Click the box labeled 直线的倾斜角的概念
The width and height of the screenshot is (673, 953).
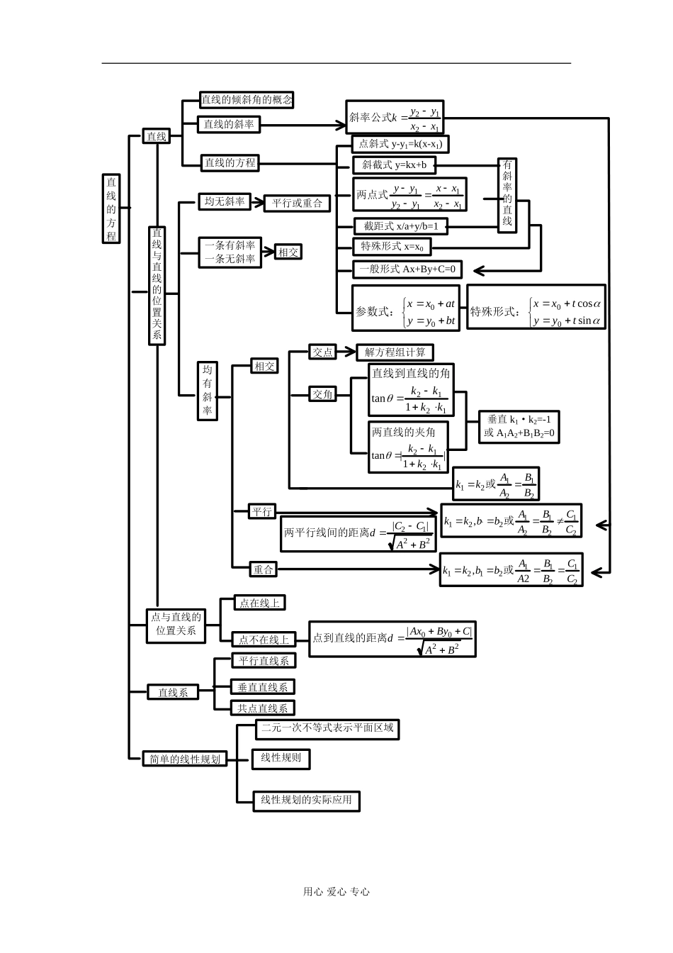click(x=246, y=100)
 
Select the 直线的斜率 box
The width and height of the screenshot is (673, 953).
click(x=228, y=125)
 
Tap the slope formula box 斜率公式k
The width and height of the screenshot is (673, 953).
click(x=395, y=117)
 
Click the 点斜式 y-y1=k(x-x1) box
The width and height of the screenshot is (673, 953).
click(x=400, y=144)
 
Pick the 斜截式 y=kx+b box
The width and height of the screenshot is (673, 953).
click(x=394, y=165)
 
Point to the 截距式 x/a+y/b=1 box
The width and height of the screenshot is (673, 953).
click(x=401, y=226)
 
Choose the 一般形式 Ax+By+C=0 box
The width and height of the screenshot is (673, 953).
click(x=407, y=269)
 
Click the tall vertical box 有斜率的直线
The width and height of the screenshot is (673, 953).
click(x=507, y=195)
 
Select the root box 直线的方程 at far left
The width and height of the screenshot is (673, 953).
click(x=111, y=208)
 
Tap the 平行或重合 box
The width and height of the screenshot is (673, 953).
click(x=297, y=204)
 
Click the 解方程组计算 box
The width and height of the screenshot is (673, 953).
click(x=395, y=352)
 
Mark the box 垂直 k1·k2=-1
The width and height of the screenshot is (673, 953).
click(x=519, y=426)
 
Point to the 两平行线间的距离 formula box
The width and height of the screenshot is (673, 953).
click(x=358, y=533)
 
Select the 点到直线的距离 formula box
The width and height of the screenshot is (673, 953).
click(x=392, y=638)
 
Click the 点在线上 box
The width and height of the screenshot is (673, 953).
click(x=259, y=603)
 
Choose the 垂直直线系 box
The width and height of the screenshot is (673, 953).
click(x=263, y=686)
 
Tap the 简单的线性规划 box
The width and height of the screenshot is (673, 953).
click(x=184, y=759)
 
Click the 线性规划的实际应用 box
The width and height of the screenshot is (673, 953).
click(x=307, y=800)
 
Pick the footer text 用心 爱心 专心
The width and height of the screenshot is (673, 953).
click(x=336, y=892)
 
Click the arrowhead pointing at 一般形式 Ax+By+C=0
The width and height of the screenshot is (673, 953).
click(x=478, y=270)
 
